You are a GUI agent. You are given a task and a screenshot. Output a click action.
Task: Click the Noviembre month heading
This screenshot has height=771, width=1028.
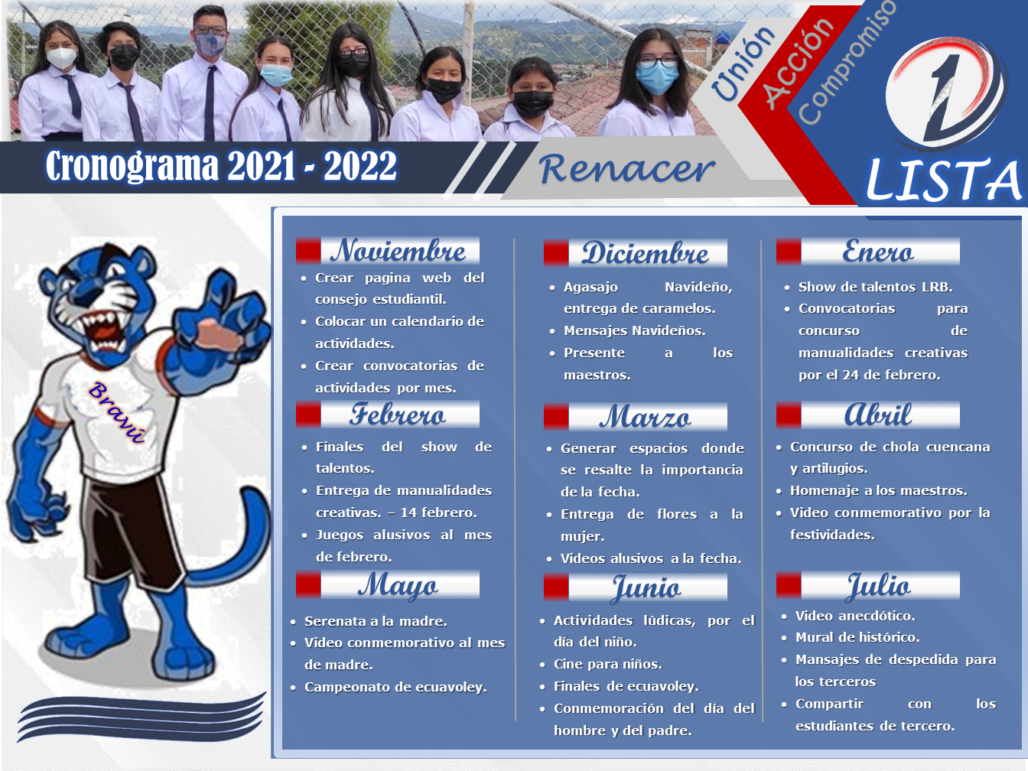tap(398, 250)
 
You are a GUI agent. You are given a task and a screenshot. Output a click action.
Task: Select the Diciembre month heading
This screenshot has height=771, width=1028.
tap(645, 253)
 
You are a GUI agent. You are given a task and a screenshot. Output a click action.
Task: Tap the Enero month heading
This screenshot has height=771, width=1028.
tap(877, 252)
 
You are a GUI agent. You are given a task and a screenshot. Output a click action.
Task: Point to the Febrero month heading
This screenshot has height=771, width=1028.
tap(398, 415)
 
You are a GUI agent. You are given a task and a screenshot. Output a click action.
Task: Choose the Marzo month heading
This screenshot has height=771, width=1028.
tap(645, 417)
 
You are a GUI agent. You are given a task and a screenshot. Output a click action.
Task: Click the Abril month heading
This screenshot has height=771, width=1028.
tap(877, 415)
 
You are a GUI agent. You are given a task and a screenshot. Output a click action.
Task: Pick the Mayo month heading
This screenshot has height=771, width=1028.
tap(398, 586)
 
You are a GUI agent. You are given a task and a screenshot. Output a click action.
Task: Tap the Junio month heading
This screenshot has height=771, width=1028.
tap(646, 588)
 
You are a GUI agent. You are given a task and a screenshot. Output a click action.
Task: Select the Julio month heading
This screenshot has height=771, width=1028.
tap(879, 586)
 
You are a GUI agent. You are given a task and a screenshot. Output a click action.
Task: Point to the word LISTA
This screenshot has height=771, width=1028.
tap(943, 181)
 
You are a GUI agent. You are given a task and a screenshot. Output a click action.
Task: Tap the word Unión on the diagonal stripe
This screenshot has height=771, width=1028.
tap(743, 63)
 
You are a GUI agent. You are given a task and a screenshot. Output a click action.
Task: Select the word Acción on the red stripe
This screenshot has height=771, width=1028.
tap(799, 64)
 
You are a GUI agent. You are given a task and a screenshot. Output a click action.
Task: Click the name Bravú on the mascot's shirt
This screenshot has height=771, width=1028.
tap(117, 412)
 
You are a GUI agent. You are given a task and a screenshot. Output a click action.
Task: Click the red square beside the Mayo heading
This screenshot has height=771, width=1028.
tap(308, 584)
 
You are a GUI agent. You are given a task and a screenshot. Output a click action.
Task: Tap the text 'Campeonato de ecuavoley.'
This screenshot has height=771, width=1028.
tap(395, 687)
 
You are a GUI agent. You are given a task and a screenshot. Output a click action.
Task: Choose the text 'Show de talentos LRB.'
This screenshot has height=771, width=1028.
tap(875, 287)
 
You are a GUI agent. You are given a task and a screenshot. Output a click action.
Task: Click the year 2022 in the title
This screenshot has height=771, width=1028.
tap(359, 166)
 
